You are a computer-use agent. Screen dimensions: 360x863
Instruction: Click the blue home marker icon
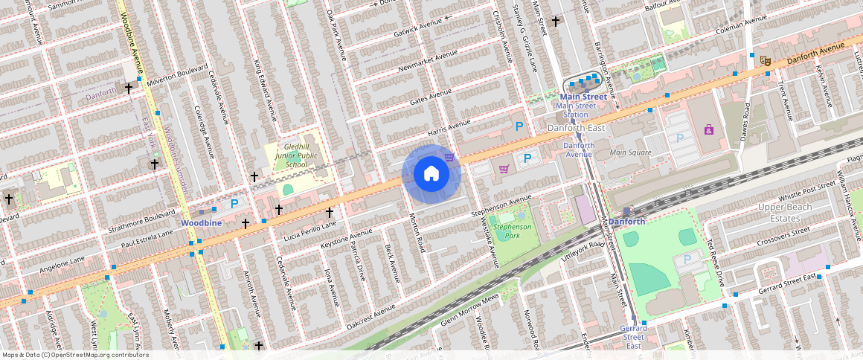click(x=431, y=174)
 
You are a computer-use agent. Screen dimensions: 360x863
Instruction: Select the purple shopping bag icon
click(x=708, y=130)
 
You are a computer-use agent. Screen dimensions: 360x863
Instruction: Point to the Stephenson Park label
click(x=513, y=231)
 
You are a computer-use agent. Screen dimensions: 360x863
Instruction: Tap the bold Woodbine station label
click(x=201, y=222)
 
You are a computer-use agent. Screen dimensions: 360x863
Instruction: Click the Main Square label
click(x=630, y=152)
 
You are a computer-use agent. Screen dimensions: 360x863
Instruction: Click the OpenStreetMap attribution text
click(x=75, y=355)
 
